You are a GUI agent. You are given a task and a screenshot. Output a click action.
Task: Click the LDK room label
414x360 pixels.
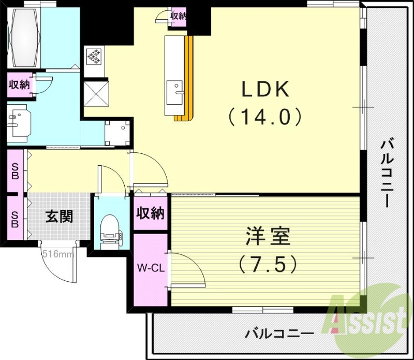265,91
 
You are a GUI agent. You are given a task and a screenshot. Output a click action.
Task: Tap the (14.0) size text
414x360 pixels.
265,118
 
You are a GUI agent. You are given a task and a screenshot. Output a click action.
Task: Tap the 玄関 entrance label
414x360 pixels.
58,216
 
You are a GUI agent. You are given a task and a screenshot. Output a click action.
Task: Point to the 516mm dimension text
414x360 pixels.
57,254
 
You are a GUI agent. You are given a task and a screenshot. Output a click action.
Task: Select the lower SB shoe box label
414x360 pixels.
15,219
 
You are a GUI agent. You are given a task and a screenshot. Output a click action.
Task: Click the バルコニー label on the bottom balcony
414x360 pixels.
279,334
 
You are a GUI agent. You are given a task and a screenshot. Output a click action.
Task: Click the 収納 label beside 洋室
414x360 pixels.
150,213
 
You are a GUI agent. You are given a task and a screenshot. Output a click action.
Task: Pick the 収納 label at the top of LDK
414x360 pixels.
178,16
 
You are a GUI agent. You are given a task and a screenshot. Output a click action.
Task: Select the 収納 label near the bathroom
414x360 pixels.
19,85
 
